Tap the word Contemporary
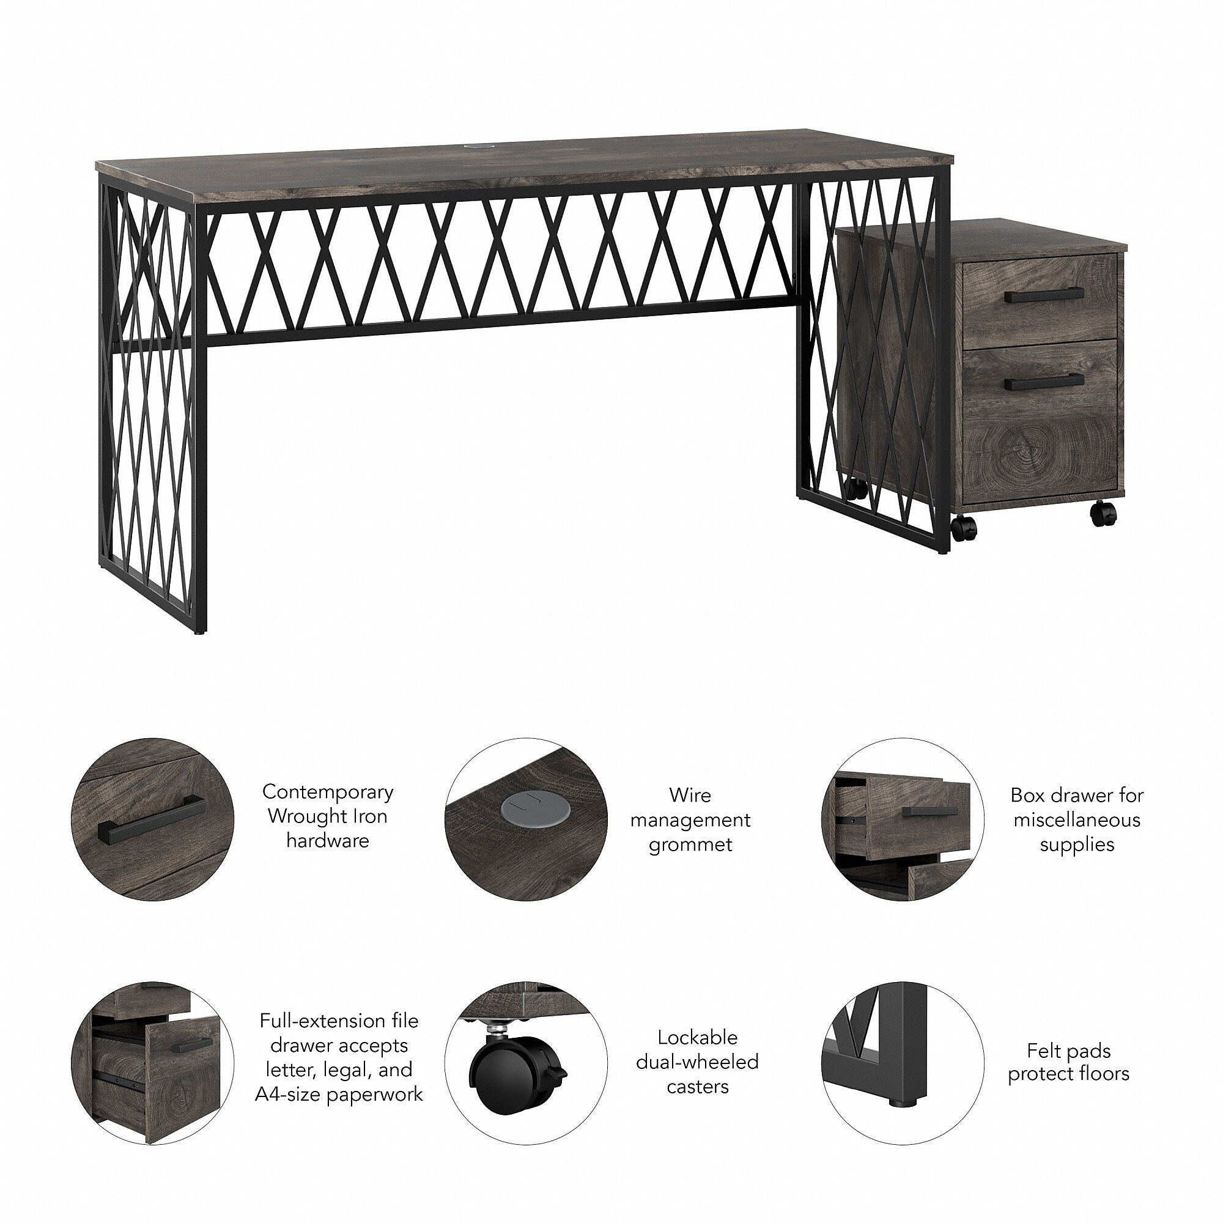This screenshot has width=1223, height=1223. [328, 791]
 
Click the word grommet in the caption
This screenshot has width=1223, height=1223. [690, 844]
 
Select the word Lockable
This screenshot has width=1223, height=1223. [697, 1037]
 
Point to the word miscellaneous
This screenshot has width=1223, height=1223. [1077, 820]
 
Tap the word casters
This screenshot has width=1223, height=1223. [698, 1086]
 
